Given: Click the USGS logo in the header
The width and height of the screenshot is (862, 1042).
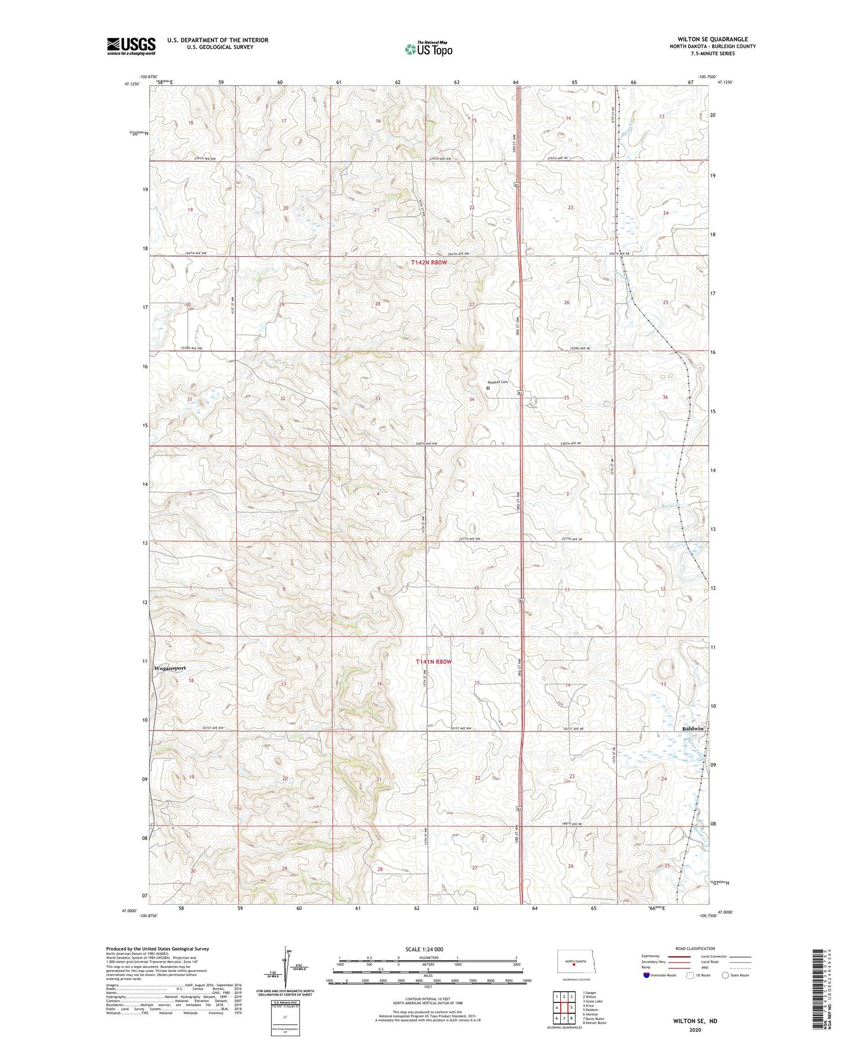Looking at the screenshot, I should pyautogui.click(x=131, y=46).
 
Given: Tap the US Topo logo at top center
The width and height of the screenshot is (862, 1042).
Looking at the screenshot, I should pyautogui.click(x=428, y=49).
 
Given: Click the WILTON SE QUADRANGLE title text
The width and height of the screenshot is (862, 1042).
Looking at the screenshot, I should pyautogui.click(x=713, y=39).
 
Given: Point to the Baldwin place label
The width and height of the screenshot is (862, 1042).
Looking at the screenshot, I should pyautogui.click(x=692, y=728).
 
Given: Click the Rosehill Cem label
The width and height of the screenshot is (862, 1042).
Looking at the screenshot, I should pyautogui.click(x=498, y=382).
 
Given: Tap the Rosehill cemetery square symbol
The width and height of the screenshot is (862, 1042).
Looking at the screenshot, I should pyautogui.click(x=488, y=388).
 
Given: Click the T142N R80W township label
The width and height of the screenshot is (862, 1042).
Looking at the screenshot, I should pyautogui.click(x=429, y=262).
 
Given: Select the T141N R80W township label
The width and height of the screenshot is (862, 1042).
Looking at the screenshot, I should pyautogui.click(x=434, y=662).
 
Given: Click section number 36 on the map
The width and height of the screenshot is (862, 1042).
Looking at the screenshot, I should pyautogui.click(x=665, y=397).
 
